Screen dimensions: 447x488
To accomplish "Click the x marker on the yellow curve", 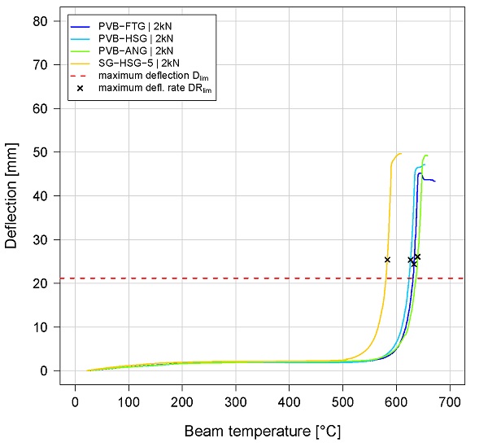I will click(x=387, y=260).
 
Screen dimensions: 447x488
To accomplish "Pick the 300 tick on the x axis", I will click(x=236, y=401).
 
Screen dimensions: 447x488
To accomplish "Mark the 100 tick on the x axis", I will click(x=129, y=401).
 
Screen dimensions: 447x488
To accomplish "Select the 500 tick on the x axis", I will click(x=342, y=401).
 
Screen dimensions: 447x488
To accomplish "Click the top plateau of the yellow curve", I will click(x=398, y=154).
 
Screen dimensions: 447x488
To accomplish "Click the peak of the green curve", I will click(x=425, y=156).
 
